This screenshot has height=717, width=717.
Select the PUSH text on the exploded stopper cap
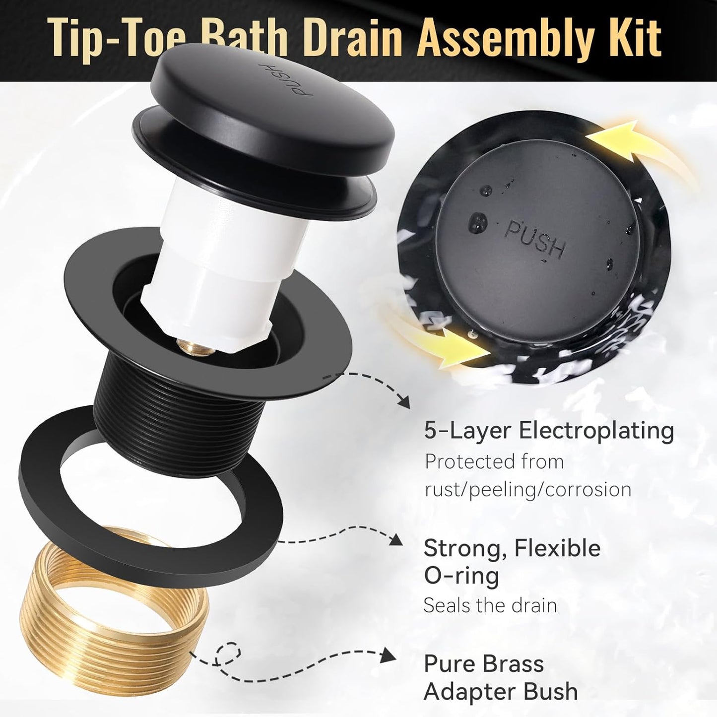click(301, 79)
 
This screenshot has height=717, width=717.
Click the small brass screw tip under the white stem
click(194, 346)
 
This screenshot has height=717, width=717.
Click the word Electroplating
click(596, 432)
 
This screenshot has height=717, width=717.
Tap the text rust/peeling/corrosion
click(528, 490)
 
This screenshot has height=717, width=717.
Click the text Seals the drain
click(490, 605)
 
